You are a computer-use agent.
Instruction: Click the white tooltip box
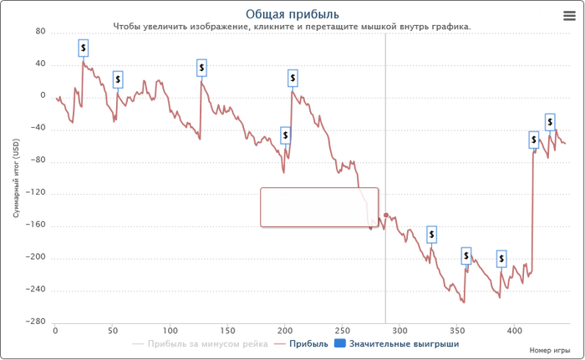coord(318,206)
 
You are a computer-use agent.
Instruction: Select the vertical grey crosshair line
coord(385,125)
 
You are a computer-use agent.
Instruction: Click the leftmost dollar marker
coord(84,48)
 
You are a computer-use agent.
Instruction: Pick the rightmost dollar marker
coord(550,121)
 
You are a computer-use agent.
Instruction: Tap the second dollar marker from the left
coord(118,79)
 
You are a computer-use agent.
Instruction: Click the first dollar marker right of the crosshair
coord(431,235)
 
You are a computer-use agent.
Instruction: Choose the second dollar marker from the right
coord(533,139)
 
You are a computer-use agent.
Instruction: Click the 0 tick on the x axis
coord(55,330)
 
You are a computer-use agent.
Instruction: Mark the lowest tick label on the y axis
coord(37,321)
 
